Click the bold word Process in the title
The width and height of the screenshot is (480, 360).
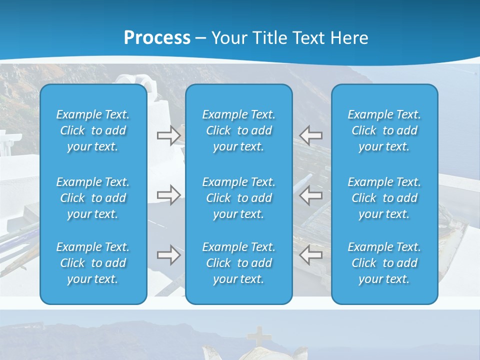click(x=157, y=38)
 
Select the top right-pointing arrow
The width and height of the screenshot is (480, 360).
click(x=168, y=135)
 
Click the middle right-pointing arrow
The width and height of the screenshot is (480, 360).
click(x=168, y=195)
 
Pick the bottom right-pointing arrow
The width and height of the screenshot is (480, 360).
click(x=168, y=255)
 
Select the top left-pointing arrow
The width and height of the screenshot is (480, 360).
click(x=311, y=135)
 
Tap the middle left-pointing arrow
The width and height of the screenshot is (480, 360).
click(x=311, y=195)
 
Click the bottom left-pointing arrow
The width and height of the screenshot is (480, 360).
click(x=311, y=255)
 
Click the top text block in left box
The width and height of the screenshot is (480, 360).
click(x=93, y=130)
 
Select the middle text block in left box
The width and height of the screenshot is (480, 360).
click(x=93, y=198)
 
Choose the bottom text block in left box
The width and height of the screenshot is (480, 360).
click(x=93, y=263)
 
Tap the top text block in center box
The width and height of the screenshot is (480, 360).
click(x=238, y=130)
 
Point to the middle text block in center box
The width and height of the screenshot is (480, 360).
click(x=238, y=198)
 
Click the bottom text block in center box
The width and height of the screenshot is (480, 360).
click(x=238, y=263)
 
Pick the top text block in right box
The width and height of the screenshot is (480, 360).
click(x=384, y=130)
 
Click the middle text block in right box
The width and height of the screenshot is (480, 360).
click(x=384, y=198)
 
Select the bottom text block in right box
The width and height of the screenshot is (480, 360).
click(x=384, y=263)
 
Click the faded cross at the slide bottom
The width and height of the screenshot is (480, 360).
click(x=258, y=336)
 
